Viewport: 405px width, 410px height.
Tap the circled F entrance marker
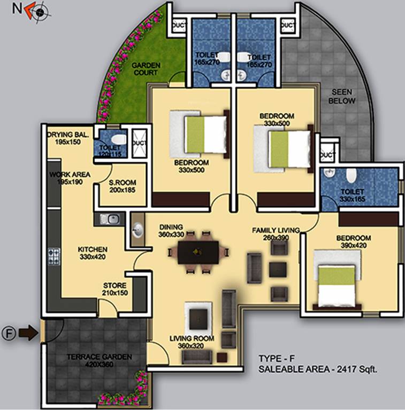point(8,334)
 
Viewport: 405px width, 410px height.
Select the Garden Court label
point(146,69)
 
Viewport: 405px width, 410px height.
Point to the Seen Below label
point(342,96)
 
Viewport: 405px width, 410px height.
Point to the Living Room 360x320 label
point(192,342)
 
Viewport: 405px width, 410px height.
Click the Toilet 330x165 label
point(351,195)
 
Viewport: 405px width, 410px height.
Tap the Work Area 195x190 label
point(70,178)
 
